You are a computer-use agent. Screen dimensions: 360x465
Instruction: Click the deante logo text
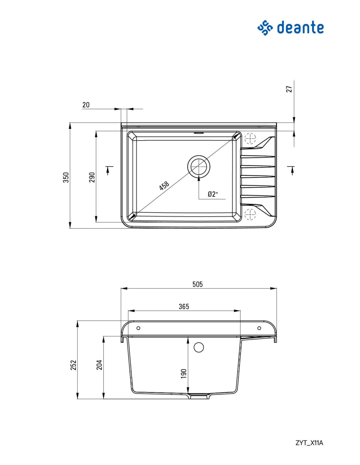(300, 27)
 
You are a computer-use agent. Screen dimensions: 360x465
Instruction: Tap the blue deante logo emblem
(265, 27)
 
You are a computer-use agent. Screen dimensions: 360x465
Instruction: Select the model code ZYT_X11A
(309, 443)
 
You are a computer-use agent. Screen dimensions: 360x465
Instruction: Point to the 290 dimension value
(92, 177)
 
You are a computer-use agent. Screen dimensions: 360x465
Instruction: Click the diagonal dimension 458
(164, 185)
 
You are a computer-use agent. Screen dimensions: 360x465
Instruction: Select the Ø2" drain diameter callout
(213, 194)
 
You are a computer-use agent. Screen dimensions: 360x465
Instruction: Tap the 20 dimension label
(86, 105)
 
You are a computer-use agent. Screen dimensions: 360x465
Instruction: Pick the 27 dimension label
(289, 89)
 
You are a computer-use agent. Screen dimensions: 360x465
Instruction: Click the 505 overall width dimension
(197, 284)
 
